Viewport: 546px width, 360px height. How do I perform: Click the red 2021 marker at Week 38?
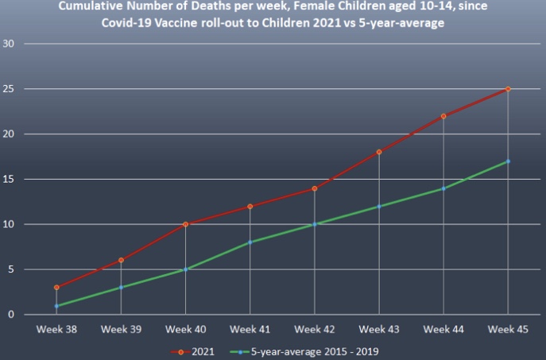[56, 288]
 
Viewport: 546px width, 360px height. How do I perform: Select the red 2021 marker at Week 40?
[185, 224]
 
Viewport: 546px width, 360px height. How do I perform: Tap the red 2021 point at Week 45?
[508, 89]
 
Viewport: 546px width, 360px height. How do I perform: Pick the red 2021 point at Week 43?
[379, 152]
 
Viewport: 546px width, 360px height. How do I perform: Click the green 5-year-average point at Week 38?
[56, 306]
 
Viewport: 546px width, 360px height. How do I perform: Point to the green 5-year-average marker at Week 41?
[250, 242]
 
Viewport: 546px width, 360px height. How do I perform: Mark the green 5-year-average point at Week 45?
[508, 161]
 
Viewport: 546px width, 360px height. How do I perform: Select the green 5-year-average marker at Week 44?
[443, 188]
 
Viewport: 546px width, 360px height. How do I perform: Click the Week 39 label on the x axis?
[121, 328]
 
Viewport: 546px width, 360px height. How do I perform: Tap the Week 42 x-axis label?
[314, 328]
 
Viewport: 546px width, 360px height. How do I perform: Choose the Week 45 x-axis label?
[508, 328]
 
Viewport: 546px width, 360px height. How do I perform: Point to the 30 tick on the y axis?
[10, 43]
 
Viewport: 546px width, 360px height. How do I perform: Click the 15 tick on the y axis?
[10, 179]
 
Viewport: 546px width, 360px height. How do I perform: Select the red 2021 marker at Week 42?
[314, 188]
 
